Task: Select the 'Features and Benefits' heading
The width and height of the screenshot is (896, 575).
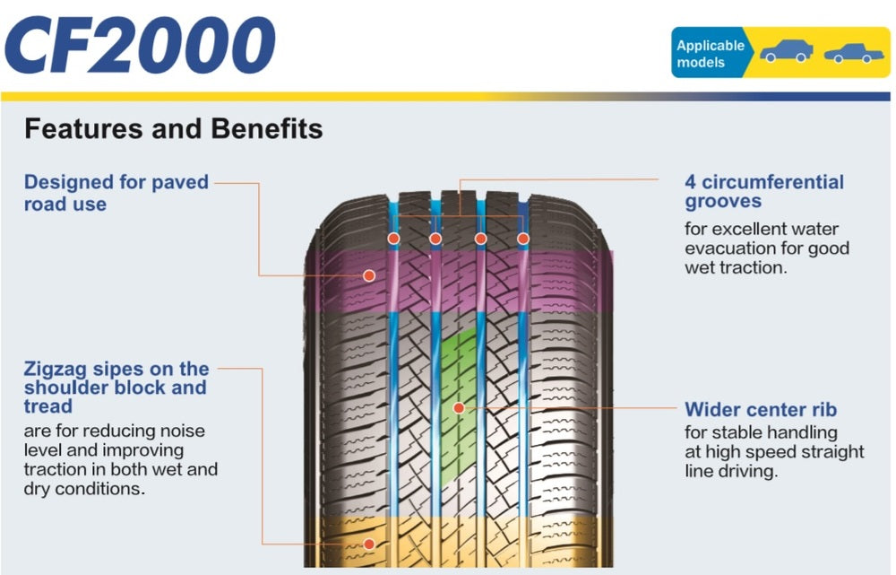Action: point(173,129)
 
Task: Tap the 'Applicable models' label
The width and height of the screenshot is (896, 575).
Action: point(710,54)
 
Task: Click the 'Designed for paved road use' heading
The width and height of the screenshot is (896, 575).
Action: point(116,193)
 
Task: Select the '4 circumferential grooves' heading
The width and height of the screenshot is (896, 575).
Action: point(763,192)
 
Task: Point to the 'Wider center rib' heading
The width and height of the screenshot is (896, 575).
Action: point(761,410)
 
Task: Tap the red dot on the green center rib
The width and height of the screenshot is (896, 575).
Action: point(459,408)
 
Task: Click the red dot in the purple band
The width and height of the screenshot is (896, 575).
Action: point(368,275)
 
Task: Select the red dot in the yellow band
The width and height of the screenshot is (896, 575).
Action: point(368,543)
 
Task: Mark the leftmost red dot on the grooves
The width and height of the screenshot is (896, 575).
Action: point(392,239)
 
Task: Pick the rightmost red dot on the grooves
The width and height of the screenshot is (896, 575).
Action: point(523,239)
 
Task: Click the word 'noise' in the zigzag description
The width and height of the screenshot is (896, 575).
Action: point(184,431)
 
